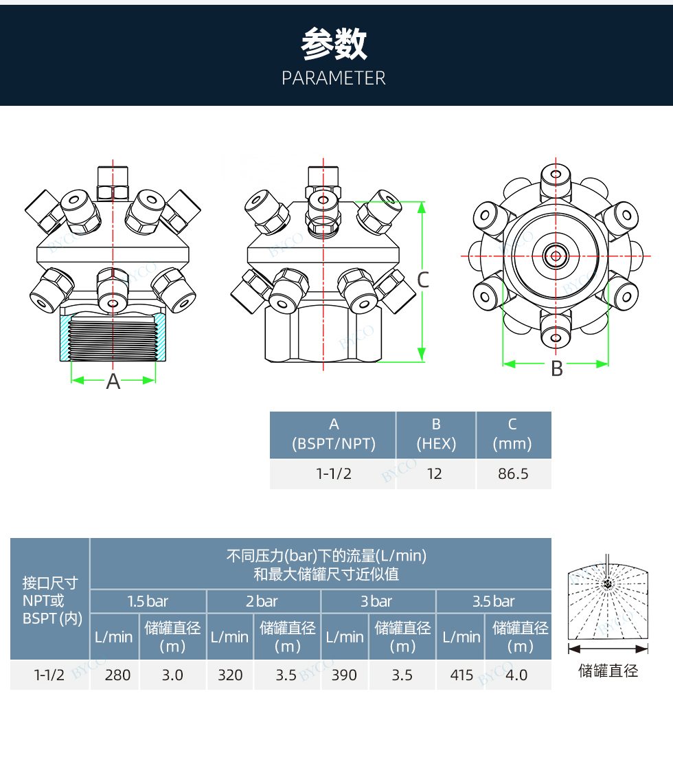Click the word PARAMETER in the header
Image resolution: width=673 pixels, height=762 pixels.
[334, 78]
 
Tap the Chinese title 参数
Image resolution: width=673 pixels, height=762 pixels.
[334, 45]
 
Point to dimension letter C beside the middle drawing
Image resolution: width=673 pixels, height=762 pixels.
[423, 280]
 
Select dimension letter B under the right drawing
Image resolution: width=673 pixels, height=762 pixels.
[557, 369]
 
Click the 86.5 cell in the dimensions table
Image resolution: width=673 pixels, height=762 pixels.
[513, 474]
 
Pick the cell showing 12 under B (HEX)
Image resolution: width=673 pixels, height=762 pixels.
[435, 474]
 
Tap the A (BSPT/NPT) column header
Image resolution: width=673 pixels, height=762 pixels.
[334, 434]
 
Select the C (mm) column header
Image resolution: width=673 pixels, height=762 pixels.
[513, 434]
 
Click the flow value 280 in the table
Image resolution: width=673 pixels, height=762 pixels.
[117, 675]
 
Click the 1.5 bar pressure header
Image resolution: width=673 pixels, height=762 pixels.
[148, 602]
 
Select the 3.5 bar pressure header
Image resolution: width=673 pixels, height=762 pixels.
[494, 602]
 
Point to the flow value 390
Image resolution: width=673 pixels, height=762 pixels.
[344, 675]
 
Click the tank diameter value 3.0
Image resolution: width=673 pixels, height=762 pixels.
[172, 675]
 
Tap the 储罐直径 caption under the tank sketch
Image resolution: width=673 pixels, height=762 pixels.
[608, 671]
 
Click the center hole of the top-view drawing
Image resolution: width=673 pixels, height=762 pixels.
[555, 256]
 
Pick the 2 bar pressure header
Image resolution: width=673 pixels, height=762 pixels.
[263, 602]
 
